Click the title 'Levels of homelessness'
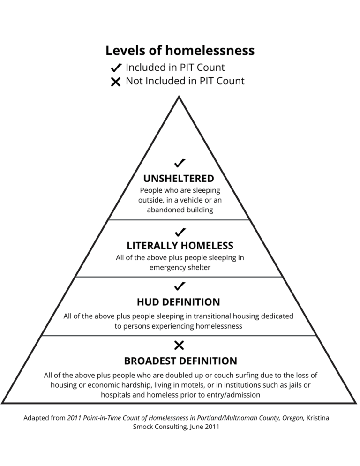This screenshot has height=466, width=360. coord(180,51)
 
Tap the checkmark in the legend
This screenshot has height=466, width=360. coord(116,68)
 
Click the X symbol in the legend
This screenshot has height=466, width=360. coord(116,82)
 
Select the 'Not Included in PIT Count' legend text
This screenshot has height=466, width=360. coord(185,81)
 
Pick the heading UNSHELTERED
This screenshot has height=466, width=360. coord(179,179)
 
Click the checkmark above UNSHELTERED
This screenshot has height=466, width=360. coord(180,163)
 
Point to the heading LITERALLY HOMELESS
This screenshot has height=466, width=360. coord(180,246)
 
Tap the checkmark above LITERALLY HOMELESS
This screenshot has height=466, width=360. coord(180,232)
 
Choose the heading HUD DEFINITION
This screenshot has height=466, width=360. coord(179,302)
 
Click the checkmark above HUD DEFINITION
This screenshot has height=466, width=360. coord(180,286)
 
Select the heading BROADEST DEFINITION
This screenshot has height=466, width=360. coord(180,361)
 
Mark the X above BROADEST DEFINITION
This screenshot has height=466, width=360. coord(179,346)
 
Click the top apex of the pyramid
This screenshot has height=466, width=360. coord(179,98)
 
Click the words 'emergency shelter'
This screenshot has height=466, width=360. coord(180,268)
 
